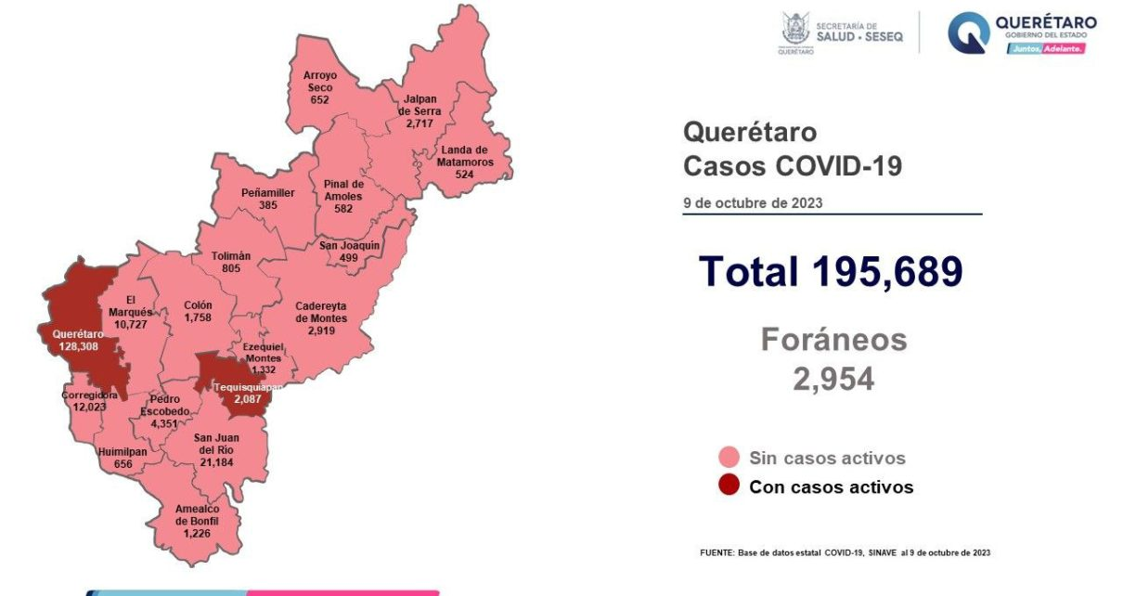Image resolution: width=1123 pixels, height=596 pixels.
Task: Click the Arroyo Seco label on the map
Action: coord(319,86)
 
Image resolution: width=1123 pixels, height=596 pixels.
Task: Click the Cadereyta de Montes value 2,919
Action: coord(321,330)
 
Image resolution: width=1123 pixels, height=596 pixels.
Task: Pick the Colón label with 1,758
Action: coord(199,310)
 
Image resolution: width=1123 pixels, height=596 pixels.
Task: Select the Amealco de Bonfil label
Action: coord(197,521)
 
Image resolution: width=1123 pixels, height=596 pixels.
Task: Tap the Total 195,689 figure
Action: coord(831,271)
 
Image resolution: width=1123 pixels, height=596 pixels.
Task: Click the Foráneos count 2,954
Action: coord(833,379)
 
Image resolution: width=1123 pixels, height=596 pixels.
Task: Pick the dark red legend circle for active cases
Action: coord(729,486)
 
